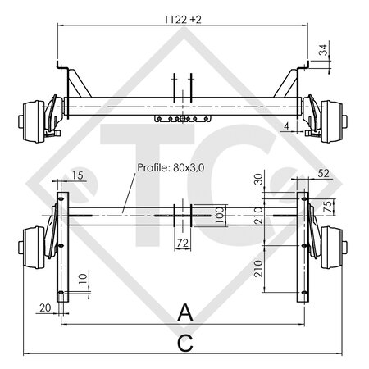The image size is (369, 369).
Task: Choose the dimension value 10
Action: coord(82,281)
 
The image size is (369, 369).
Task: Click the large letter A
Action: coord(185,312)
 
